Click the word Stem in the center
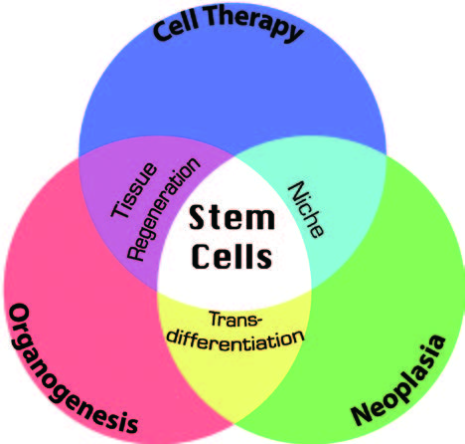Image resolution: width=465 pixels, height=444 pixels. [x=232, y=218]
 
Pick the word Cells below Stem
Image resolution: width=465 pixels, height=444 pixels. [x=232, y=256]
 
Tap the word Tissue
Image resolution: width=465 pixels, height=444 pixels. [x=133, y=190]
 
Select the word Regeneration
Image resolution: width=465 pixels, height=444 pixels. [x=164, y=209]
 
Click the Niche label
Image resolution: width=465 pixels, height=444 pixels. [x=305, y=210]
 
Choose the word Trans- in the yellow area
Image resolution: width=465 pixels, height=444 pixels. [x=235, y=320]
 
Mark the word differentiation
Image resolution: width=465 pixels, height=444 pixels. [x=235, y=340]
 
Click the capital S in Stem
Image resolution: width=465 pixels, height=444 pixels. [x=197, y=218]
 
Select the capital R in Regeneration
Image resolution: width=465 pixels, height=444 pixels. [x=136, y=253]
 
